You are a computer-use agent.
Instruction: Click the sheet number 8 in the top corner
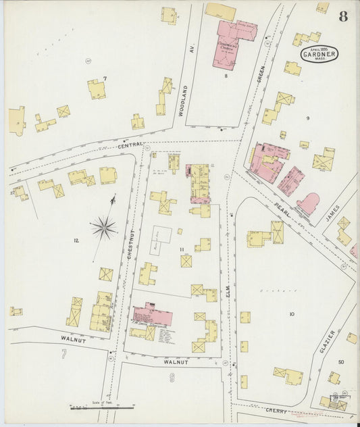(343, 16)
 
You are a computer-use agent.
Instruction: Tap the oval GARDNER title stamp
(319, 53)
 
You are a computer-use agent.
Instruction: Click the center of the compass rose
(103, 227)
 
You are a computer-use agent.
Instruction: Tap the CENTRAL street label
(130, 145)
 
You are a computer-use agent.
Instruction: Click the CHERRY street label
(277, 410)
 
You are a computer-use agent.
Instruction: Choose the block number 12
(76, 241)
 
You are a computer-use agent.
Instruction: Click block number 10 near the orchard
(292, 314)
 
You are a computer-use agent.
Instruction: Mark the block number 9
(307, 118)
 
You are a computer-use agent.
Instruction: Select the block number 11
(182, 250)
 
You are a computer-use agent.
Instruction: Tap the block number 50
(340, 362)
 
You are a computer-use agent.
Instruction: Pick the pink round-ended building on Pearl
(309, 203)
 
